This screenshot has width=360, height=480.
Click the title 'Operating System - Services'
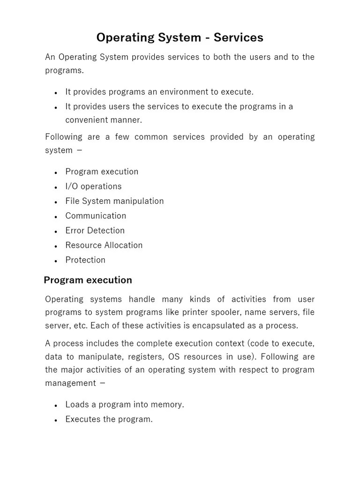click(x=180, y=37)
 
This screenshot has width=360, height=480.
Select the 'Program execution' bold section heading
click(x=88, y=280)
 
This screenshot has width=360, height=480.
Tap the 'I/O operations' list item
click(x=93, y=187)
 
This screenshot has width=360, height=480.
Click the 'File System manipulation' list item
click(x=114, y=201)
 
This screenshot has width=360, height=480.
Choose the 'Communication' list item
click(x=96, y=216)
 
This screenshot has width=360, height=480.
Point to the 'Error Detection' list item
click(x=95, y=231)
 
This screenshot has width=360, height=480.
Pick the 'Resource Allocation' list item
click(x=104, y=245)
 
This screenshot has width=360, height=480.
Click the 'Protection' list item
click(x=85, y=260)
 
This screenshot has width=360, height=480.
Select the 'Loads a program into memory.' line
click(x=125, y=405)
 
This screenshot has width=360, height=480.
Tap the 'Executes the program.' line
click(x=109, y=420)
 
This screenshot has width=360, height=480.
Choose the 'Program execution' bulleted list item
click(x=102, y=172)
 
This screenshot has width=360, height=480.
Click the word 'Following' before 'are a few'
click(x=64, y=137)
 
